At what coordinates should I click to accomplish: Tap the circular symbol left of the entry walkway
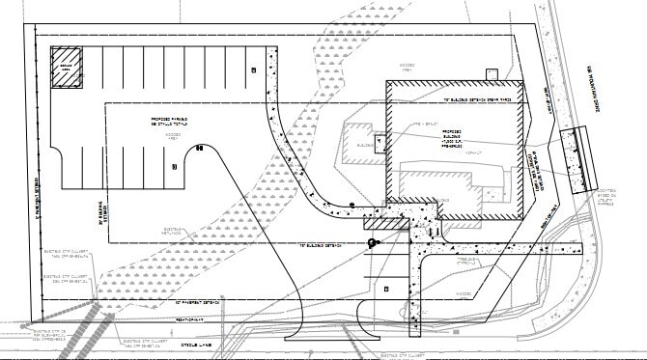(370, 243)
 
